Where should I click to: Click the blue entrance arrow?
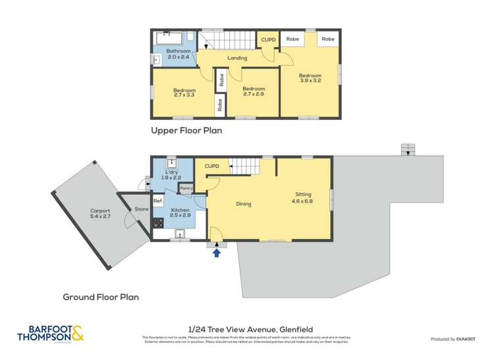(216, 253)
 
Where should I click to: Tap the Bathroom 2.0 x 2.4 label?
(178, 54)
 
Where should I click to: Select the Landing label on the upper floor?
(237, 58)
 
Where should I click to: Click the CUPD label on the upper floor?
(268, 39)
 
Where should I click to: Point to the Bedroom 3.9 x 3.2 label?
(310, 78)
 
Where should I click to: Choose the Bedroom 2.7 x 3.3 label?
(184, 93)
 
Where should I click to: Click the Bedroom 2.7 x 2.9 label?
(253, 91)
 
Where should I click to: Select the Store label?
(141, 209)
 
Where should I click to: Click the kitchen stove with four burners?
(158, 223)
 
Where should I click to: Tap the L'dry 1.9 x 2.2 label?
(172, 174)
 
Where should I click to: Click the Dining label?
(244, 204)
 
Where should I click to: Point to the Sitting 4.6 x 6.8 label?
(303, 197)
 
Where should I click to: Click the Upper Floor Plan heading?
(186, 130)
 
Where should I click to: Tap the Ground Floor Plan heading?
(101, 297)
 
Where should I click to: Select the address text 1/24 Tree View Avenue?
(250, 329)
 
